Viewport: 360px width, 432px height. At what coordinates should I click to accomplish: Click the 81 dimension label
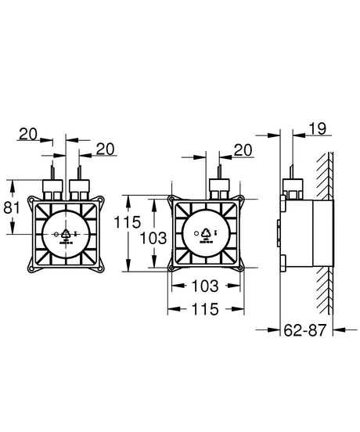click(x=12, y=207)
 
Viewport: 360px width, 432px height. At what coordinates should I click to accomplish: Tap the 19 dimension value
click(x=317, y=128)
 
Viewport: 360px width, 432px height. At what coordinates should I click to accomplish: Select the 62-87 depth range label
click(x=305, y=329)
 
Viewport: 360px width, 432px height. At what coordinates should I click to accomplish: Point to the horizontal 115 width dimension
click(x=205, y=309)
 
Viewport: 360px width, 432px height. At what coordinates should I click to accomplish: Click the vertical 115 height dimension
click(x=128, y=222)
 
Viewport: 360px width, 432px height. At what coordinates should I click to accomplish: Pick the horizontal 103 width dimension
click(x=204, y=286)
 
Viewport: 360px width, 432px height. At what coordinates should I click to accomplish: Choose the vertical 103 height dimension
click(x=153, y=238)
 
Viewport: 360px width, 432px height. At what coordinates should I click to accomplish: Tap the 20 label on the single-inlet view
click(x=243, y=150)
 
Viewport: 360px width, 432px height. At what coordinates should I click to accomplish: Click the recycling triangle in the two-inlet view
click(x=66, y=234)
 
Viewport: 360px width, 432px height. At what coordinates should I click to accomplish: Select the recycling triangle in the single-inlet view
click(x=206, y=232)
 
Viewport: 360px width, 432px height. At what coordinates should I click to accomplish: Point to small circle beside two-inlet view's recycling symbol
click(x=56, y=234)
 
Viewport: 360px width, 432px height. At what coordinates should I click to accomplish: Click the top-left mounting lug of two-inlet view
click(x=31, y=200)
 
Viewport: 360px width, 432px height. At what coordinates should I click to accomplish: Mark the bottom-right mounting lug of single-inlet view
click(x=240, y=268)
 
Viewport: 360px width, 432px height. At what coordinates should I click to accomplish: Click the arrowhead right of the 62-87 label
click(x=340, y=329)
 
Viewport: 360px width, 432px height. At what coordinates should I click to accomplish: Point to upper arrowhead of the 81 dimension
click(x=12, y=185)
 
